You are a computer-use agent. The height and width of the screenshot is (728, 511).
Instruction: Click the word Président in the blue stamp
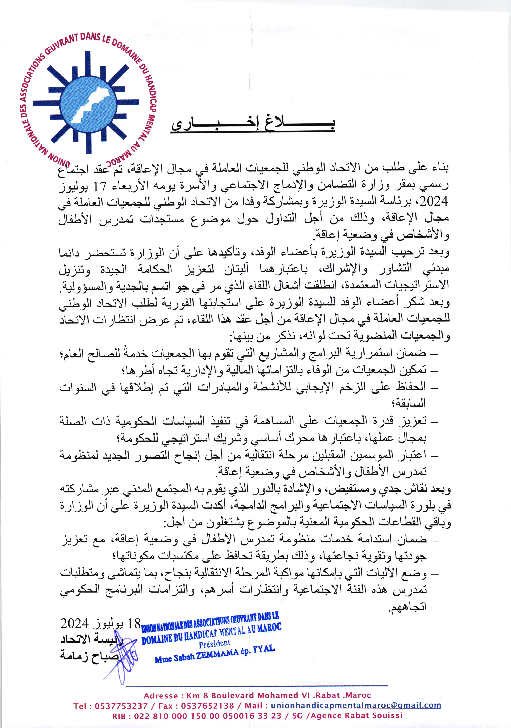click(215, 644)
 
